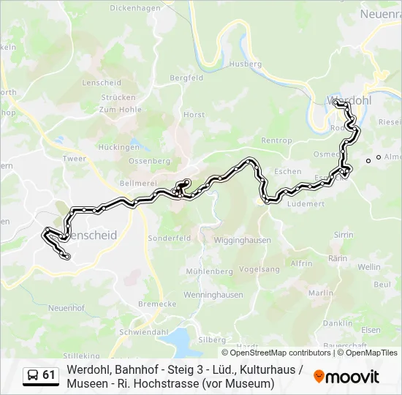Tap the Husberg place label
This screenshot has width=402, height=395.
[x=245, y=64]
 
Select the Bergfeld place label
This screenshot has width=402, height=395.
[x=186, y=78]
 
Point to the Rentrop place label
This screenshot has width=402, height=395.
[x=276, y=140]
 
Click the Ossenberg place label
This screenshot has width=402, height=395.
[x=149, y=161]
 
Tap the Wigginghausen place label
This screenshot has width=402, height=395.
[x=244, y=240]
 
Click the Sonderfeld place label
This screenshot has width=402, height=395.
[x=169, y=238]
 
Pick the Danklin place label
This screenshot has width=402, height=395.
[x=338, y=323]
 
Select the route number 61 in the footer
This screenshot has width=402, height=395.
[x=49, y=375]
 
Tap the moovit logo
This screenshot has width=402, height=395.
[x=346, y=377]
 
